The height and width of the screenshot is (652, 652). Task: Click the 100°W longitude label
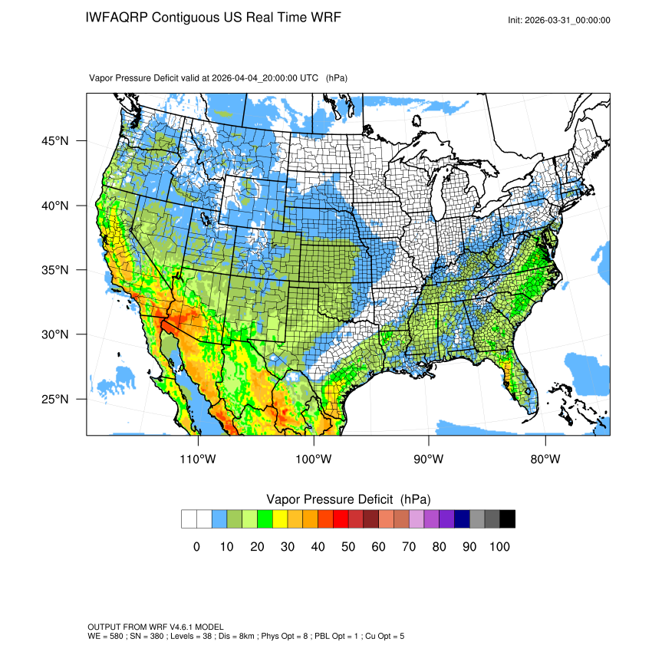(314, 459)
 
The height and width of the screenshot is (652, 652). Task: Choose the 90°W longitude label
(429, 459)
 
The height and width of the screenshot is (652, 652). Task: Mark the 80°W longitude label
(545, 459)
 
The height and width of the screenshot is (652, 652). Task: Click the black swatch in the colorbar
(507, 519)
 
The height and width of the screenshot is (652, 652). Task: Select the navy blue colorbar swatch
(462, 519)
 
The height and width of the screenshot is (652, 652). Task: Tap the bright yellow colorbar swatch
(280, 519)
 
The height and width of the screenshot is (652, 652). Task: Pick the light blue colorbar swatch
(219, 519)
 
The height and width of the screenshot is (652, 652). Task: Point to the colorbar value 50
(348, 547)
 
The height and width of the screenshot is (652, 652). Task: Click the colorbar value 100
(499, 547)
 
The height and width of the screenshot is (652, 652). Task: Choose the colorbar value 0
(196, 547)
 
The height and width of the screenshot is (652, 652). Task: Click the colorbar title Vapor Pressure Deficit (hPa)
(348, 499)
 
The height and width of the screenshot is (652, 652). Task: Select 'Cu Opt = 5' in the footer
(382, 637)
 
